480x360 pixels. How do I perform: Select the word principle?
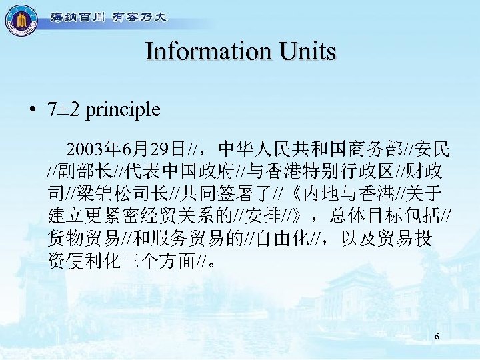pos(122,109)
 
